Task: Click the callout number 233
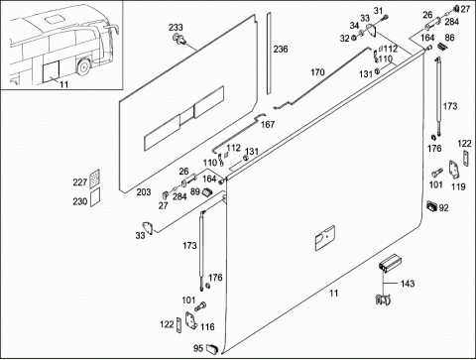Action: click(x=176, y=28)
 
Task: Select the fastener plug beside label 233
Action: click(x=179, y=39)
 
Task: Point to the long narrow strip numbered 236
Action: click(x=269, y=54)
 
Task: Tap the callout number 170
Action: click(x=317, y=72)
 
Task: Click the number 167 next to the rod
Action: click(x=268, y=124)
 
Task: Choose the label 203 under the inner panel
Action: click(x=144, y=192)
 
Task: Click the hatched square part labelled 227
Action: click(x=95, y=179)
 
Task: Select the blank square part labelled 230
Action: click(x=95, y=197)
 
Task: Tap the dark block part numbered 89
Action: click(x=207, y=191)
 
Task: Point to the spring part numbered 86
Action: click(x=440, y=47)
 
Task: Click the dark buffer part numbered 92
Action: click(x=432, y=205)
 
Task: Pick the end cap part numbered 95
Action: click(x=212, y=348)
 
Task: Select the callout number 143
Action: click(x=408, y=284)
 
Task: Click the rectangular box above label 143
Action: click(x=391, y=264)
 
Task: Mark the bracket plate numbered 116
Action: click(x=191, y=320)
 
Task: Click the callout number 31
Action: click(x=378, y=11)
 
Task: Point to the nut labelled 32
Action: click(x=353, y=38)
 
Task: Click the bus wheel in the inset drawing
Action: click(x=82, y=66)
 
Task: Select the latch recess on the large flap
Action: click(x=325, y=238)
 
